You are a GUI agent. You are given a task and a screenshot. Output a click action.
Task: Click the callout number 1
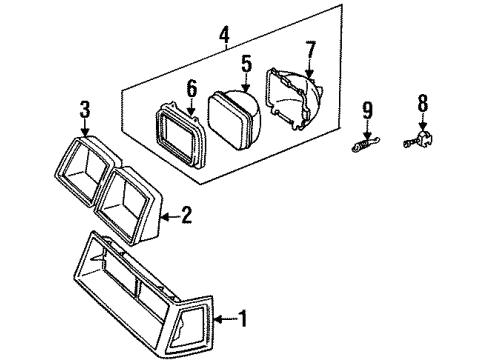tap(243, 319)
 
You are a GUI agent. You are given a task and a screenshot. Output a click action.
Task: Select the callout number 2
tap(187, 215)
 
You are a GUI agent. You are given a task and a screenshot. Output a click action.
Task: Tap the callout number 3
tap(85, 110)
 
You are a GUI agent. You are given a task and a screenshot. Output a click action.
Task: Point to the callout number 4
tap(225, 36)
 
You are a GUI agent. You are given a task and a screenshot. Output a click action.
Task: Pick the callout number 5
tap(246, 64)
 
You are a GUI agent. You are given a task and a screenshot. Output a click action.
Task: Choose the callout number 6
tap(192, 89)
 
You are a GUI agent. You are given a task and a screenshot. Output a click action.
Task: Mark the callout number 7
tap(310, 50)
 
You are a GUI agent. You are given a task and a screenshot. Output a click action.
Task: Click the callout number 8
tap(423, 103)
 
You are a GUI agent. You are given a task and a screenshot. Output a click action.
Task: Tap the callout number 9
tap(367, 110)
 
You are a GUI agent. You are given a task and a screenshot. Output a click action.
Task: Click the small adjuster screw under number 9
tap(366, 144)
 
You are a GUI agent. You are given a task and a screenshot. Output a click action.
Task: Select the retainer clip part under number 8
tap(419, 140)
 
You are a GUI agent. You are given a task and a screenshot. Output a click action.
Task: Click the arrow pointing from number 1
tap(226, 319)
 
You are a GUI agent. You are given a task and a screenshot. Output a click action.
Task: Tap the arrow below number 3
tap(85, 128)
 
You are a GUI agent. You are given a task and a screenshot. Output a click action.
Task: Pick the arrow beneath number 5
tap(246, 82)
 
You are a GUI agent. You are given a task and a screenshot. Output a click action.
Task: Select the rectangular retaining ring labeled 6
tap(180, 136)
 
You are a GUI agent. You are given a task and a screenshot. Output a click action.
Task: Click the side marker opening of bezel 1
tap(190, 326)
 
